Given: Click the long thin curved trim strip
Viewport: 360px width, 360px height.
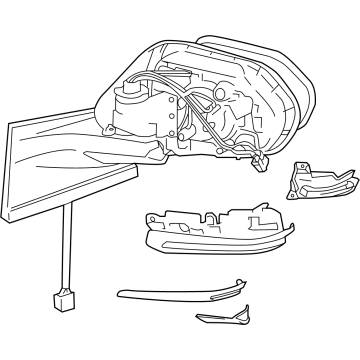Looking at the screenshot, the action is click(x=180, y=292).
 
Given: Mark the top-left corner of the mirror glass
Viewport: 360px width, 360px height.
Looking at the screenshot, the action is click(x=9, y=125).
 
